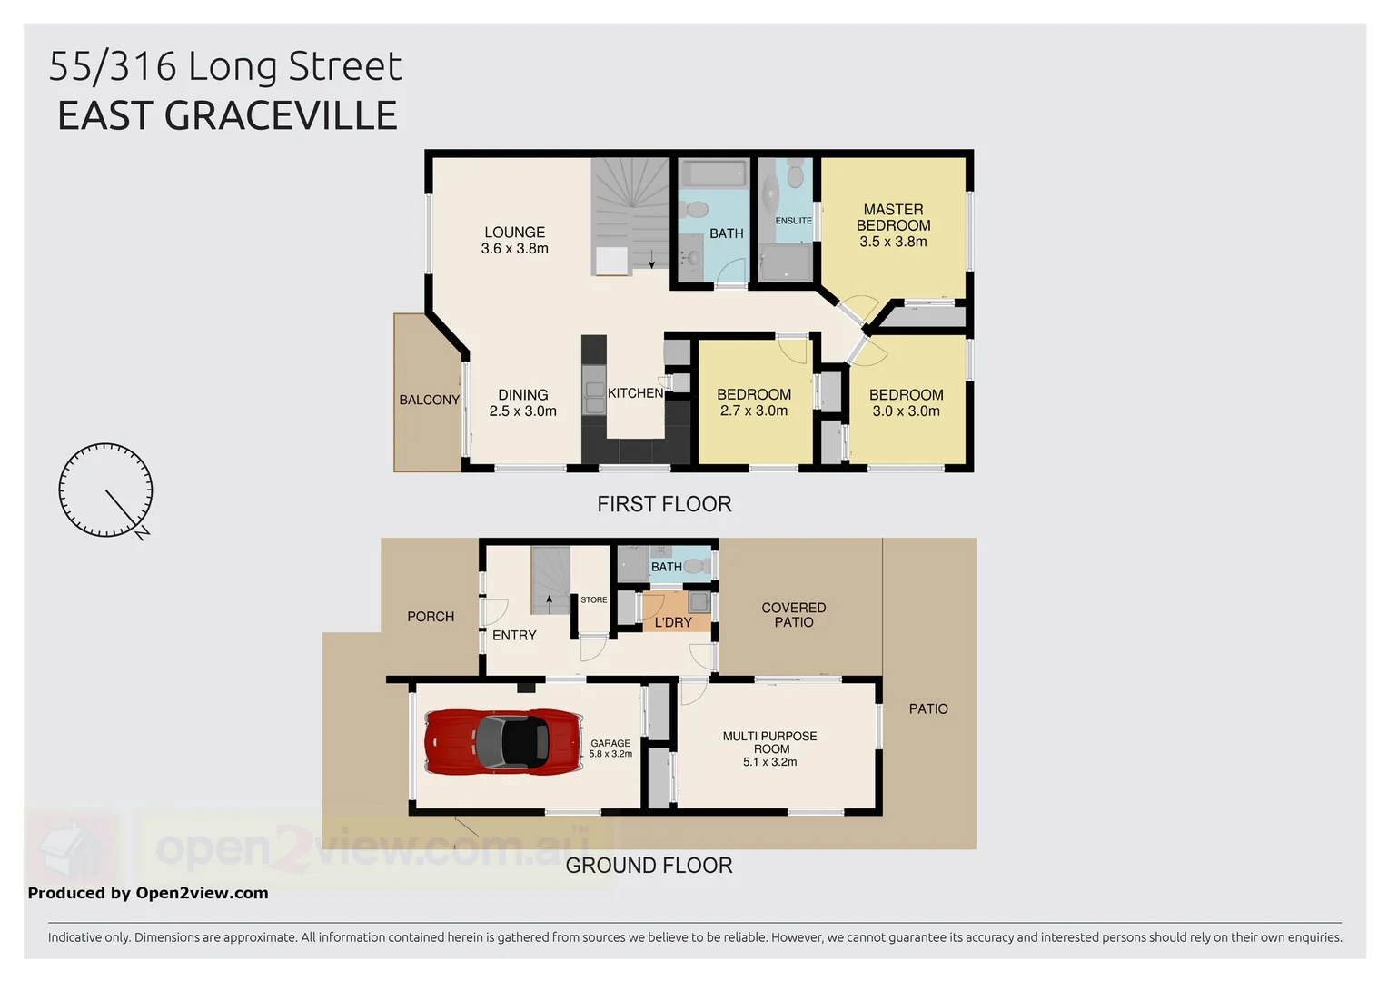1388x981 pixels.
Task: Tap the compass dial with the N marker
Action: (x=105, y=490)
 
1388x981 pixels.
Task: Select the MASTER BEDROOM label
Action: (x=893, y=225)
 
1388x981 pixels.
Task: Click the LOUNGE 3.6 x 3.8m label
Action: (x=514, y=241)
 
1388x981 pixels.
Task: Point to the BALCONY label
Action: (x=429, y=400)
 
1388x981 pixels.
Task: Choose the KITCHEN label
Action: (x=635, y=393)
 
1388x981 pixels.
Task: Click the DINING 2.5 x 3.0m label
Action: (x=522, y=402)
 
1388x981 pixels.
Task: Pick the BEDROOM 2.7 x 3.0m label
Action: (x=753, y=402)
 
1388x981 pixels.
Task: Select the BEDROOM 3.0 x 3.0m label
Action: (x=906, y=402)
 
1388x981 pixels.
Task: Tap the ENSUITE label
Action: (x=793, y=221)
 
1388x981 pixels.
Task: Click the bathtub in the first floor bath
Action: (x=714, y=173)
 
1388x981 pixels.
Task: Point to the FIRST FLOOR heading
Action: (x=664, y=504)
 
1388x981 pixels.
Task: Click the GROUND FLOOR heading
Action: (x=649, y=866)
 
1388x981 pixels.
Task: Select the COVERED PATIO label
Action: (x=793, y=615)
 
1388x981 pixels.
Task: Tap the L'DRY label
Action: (x=673, y=622)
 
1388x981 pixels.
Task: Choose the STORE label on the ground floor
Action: (x=593, y=600)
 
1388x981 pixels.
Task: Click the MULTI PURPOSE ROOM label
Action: (x=769, y=748)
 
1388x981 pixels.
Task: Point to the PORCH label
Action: (x=431, y=617)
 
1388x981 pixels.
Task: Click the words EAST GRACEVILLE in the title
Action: (x=227, y=116)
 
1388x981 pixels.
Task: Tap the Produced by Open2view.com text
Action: (x=148, y=893)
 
